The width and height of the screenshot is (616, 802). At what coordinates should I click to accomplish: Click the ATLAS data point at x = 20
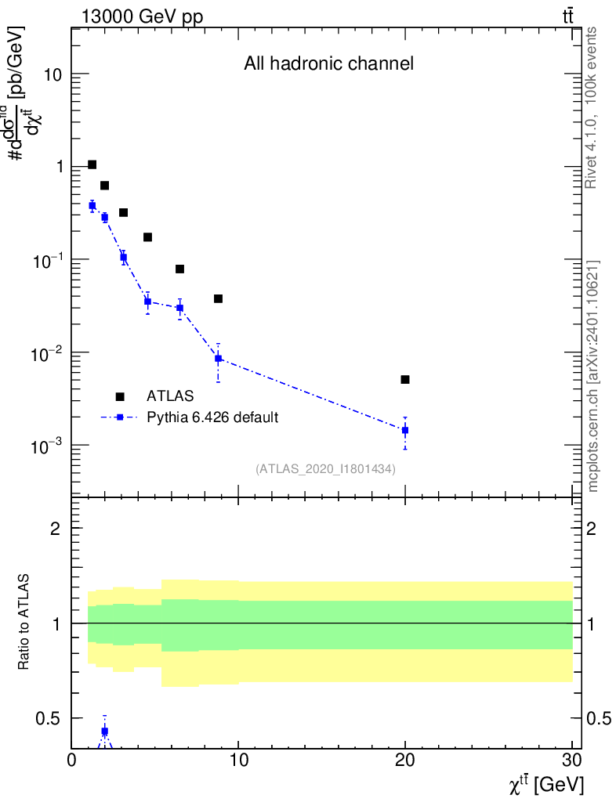coord(405,380)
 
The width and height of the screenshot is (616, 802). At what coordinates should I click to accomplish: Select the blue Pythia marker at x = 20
coord(405,430)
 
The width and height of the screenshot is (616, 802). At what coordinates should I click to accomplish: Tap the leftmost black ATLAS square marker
coord(92,164)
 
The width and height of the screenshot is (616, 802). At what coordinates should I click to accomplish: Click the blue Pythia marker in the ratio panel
coord(104,732)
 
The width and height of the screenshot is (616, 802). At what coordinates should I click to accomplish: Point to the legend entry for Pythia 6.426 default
coord(212,417)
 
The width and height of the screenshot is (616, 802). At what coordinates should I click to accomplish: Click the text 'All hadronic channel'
coord(328,64)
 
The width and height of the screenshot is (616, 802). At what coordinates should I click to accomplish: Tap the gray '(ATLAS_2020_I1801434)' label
coord(325,469)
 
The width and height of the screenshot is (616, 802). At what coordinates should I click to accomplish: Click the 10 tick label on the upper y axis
coord(52,74)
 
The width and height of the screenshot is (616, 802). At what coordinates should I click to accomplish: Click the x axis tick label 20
coord(405,759)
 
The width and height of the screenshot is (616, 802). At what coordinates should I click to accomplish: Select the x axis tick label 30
coord(572,759)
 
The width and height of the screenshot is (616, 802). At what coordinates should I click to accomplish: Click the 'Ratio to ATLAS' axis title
coord(26,623)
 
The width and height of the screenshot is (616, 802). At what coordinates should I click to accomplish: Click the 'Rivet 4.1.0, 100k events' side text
coord(592,107)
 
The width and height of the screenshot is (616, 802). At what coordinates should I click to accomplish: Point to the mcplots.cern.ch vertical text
coord(593,377)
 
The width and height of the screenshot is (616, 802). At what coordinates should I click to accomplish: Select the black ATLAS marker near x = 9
coord(218,298)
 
